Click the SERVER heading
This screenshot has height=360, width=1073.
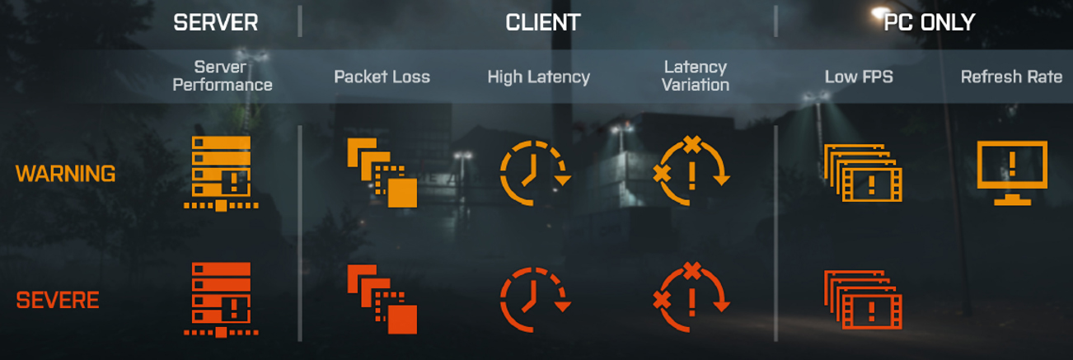click(216, 22)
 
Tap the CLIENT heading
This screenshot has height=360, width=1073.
click(543, 22)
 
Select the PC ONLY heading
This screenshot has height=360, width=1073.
click(929, 22)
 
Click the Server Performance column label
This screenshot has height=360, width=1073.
click(223, 75)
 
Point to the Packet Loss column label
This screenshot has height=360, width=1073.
click(382, 77)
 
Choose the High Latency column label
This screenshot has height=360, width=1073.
click(538, 77)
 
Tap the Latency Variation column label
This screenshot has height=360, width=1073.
click(695, 75)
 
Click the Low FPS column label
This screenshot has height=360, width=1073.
click(859, 77)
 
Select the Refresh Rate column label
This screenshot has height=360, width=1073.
click(1011, 77)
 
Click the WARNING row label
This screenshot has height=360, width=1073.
click(66, 174)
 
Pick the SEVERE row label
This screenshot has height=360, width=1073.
click(58, 300)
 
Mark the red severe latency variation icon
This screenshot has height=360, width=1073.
click(691, 298)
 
